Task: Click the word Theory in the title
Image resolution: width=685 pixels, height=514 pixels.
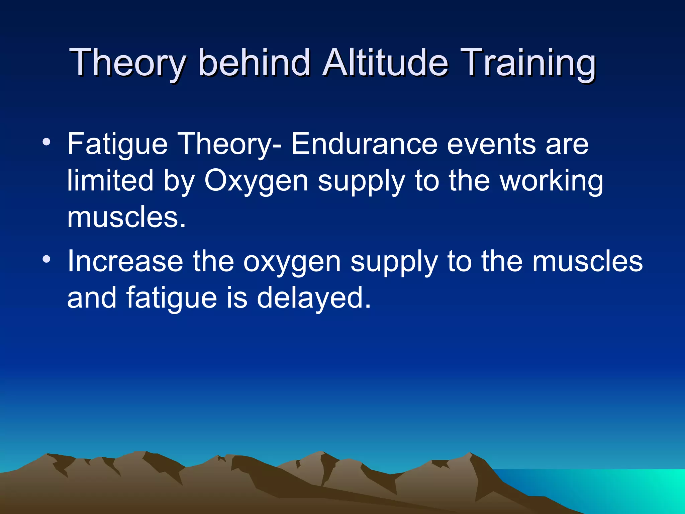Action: click(x=127, y=63)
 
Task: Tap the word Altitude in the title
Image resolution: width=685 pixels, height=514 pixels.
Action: click(x=385, y=63)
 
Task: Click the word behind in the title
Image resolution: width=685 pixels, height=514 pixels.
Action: click(x=254, y=63)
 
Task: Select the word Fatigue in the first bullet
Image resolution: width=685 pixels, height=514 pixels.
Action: click(x=117, y=145)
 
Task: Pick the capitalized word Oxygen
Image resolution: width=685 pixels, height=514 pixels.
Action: click(x=256, y=181)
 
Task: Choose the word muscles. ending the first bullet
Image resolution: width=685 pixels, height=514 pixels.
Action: click(x=126, y=218)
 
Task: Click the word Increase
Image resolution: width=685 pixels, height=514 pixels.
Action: click(x=125, y=261)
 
